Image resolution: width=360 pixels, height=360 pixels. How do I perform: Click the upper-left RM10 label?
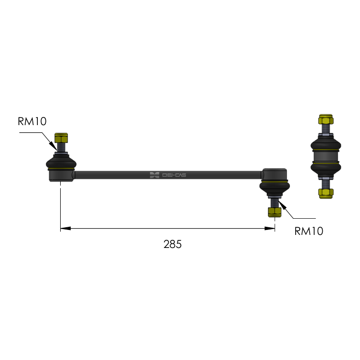[x=32, y=121]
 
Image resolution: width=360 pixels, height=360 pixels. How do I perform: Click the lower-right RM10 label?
[x=309, y=231]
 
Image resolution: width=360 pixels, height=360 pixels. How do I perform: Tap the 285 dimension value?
[x=172, y=244]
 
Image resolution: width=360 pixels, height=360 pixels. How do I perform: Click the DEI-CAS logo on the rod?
[x=168, y=175]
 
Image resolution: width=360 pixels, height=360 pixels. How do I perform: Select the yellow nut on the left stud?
[x=61, y=138]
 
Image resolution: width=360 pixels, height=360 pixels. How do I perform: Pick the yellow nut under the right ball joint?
[x=274, y=212]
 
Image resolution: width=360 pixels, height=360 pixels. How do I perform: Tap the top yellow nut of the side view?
[x=326, y=119]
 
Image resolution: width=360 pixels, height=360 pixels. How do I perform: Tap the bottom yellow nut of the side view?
[x=326, y=193]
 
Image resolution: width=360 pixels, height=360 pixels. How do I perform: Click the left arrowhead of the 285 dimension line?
[x=65, y=229]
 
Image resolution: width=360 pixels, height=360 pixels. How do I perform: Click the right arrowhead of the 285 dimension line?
[x=270, y=229]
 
